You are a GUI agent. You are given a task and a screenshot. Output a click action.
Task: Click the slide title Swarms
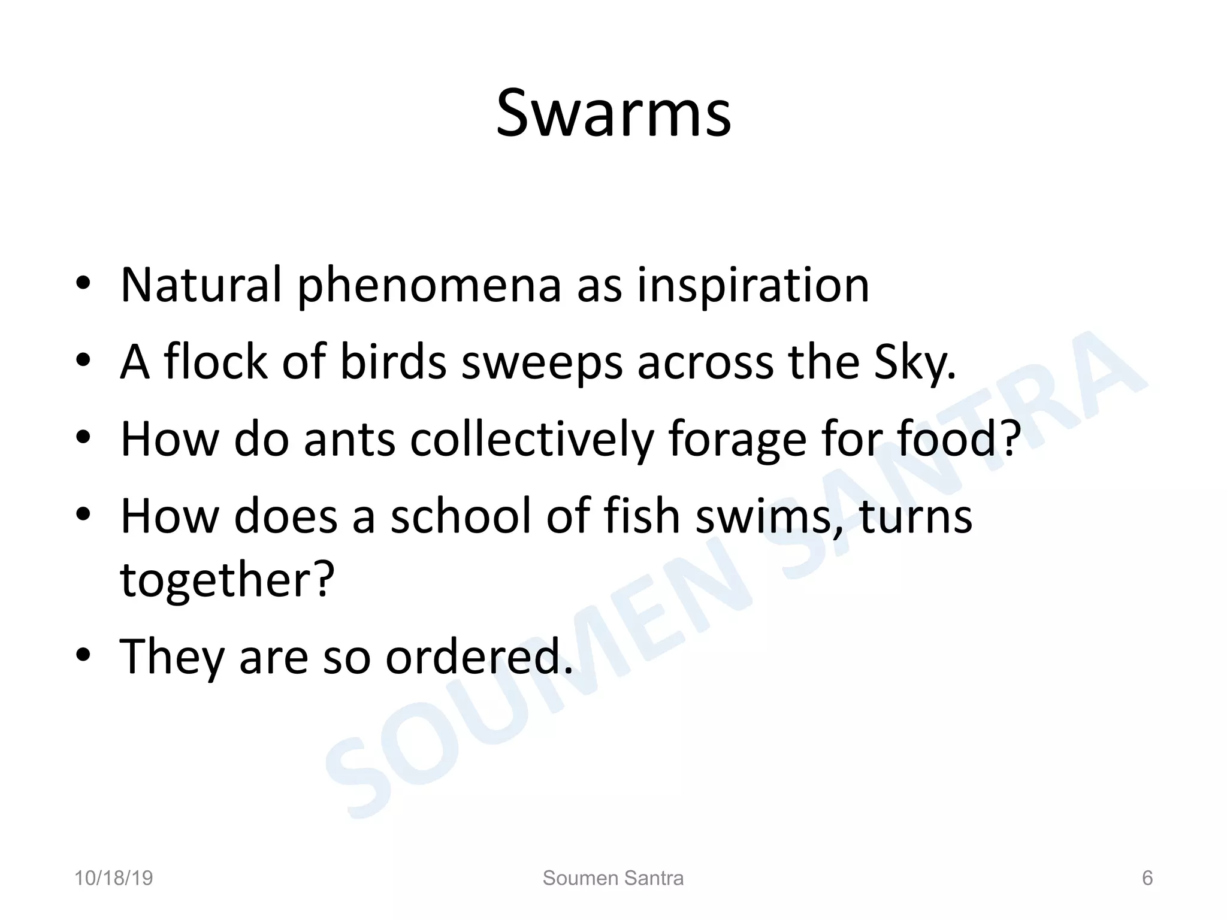pyautogui.click(x=613, y=114)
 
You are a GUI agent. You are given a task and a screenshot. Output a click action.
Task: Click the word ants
pyautogui.click(x=349, y=440)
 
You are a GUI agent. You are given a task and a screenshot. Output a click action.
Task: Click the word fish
pyautogui.click(x=642, y=516)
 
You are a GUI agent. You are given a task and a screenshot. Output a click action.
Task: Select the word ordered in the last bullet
pyautogui.click(x=478, y=656)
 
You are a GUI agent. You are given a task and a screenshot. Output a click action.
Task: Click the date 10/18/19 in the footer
pyautogui.click(x=113, y=878)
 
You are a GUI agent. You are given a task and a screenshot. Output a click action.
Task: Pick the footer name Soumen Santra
pyautogui.click(x=613, y=878)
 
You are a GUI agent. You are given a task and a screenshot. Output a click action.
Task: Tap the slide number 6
pyautogui.click(x=1147, y=878)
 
